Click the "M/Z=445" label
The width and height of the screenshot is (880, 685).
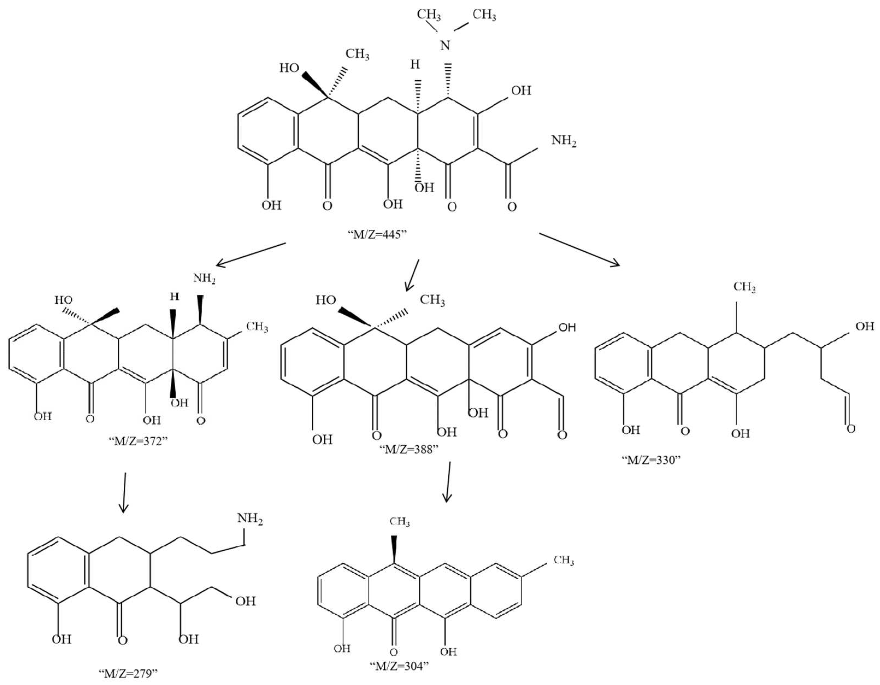[x=377, y=234]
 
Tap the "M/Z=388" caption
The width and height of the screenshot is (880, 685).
[x=409, y=449]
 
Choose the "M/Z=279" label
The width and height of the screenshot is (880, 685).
[x=128, y=673]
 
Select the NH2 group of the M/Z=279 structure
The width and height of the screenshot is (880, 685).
[x=250, y=519]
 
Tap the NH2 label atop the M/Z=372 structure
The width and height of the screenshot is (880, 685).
[x=204, y=279]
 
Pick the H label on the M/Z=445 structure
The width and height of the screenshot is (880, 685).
[x=415, y=64]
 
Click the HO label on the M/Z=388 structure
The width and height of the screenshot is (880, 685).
[x=326, y=300]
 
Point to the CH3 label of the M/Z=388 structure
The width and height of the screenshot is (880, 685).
[x=432, y=300]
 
